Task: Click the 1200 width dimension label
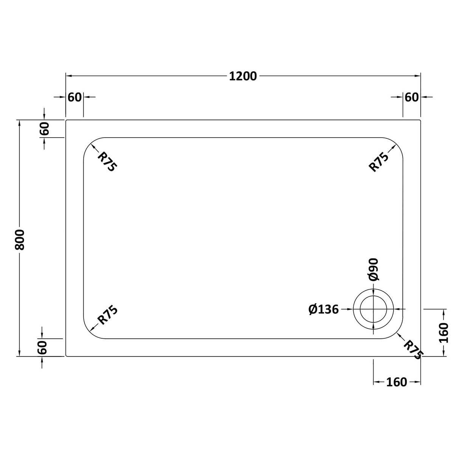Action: [x=243, y=76]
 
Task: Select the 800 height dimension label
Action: [x=19, y=239]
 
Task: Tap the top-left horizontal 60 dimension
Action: [x=74, y=97]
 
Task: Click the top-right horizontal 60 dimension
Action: [x=412, y=97]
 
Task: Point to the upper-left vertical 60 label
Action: [x=45, y=129]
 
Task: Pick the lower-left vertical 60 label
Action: [x=42, y=347]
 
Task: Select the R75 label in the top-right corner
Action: [x=379, y=162]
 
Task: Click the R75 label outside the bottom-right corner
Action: [x=413, y=350]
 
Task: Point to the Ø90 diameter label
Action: [x=373, y=269]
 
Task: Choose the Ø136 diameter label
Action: [x=323, y=310]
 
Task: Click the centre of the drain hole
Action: [x=374, y=309]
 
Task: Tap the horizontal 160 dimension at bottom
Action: [x=397, y=383]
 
